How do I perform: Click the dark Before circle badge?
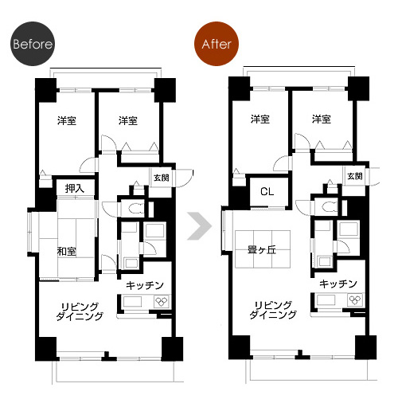33,44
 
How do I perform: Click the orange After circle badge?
217,44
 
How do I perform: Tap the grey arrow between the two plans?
200,226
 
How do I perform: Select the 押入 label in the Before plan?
75,189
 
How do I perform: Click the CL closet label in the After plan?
267,191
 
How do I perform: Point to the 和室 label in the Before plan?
67,251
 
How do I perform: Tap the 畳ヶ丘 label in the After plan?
262,249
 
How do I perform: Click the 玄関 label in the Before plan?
162,178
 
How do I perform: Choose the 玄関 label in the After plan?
355,176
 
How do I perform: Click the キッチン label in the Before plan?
145,285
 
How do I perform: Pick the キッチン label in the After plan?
338,284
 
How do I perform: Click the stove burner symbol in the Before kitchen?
162,302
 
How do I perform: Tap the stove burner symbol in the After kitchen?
355,300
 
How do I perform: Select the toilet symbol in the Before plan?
136,209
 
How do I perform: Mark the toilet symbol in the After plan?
330,207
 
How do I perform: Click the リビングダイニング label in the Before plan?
80,311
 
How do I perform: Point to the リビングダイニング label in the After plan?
273,310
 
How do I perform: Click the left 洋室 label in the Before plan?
67,121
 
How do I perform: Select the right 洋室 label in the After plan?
322,119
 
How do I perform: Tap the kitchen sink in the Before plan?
132,302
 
